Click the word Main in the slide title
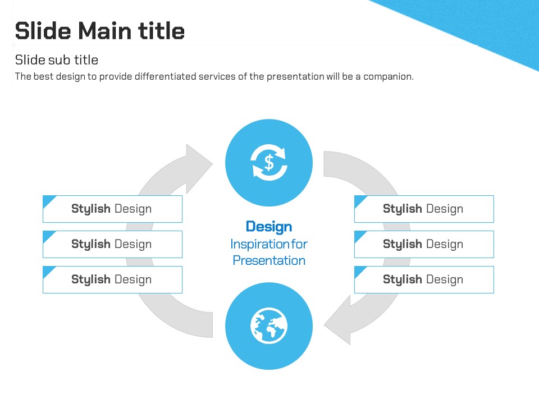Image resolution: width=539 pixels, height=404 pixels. click(x=105, y=31)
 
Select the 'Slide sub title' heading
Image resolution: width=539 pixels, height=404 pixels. click(x=57, y=60)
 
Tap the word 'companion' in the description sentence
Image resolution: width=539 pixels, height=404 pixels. click(x=388, y=77)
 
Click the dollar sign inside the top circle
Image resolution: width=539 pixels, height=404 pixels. click(x=269, y=163)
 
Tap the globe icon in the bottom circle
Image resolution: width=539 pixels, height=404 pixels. click(x=269, y=325)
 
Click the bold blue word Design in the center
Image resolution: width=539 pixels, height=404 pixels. click(x=269, y=227)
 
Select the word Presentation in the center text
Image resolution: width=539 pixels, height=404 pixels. click(x=269, y=260)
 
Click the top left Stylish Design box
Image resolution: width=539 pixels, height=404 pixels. click(x=112, y=209)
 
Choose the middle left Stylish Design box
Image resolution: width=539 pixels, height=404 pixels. click(x=112, y=244)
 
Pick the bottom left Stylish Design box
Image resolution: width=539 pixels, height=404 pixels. click(x=112, y=279)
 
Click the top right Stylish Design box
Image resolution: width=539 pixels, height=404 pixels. click(x=424, y=209)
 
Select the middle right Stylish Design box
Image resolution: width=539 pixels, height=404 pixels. click(x=424, y=244)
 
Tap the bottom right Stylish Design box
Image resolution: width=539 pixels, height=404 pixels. click(x=424, y=279)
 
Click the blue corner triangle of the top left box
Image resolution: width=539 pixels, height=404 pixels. click(x=48, y=200)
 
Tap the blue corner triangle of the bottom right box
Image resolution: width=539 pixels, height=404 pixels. click(x=359, y=270)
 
